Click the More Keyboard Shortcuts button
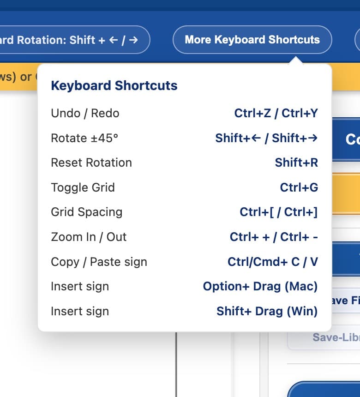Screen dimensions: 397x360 pyautogui.click(x=252, y=40)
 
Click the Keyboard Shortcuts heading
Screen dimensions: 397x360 pyautogui.click(x=114, y=85)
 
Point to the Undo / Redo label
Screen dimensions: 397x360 pyautogui.click(x=85, y=113)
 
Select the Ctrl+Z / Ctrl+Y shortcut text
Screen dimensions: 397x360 pyautogui.click(x=276, y=113)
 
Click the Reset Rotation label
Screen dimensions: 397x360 pyautogui.click(x=91, y=162)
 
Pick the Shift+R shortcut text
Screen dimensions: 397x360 pyautogui.click(x=296, y=162)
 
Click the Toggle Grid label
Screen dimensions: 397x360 pyautogui.click(x=83, y=187)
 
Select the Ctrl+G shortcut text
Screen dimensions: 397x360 pyautogui.click(x=299, y=187)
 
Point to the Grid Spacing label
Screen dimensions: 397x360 pyautogui.click(x=86, y=212)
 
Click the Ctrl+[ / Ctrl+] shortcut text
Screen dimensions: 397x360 pyautogui.click(x=278, y=212)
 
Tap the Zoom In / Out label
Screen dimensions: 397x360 pyautogui.click(x=89, y=237)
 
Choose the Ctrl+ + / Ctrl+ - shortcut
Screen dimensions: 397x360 pyautogui.click(x=274, y=237)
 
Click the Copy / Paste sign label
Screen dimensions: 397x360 pyautogui.click(x=99, y=262)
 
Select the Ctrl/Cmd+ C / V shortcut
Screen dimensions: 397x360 pyautogui.click(x=272, y=262)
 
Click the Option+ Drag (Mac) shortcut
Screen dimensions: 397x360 pyautogui.click(x=260, y=286)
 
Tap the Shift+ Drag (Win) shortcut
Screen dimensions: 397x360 pyautogui.click(x=267, y=311)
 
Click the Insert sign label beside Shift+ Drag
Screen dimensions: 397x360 pyautogui.click(x=80, y=311)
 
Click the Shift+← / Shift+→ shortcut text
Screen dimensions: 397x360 pyautogui.click(x=266, y=138)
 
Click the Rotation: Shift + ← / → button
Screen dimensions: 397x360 pyautogui.click(x=74, y=40)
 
